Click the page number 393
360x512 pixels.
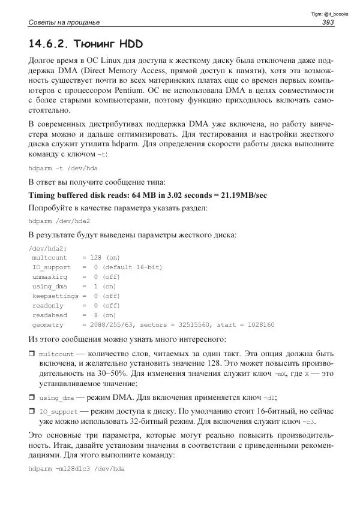[328, 23]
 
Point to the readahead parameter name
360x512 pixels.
[50, 315]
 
